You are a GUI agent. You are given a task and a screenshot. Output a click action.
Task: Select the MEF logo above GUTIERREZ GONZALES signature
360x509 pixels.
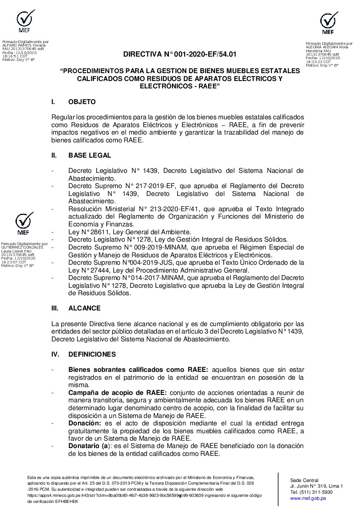pyautogui.click(x=25, y=224)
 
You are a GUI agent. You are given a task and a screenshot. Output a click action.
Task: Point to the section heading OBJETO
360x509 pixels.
pyautogui.click(x=82, y=102)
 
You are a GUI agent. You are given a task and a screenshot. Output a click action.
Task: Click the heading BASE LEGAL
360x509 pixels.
pyautogui.click(x=89, y=155)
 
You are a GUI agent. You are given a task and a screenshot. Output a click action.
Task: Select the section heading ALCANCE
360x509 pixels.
pyautogui.click(x=84, y=308)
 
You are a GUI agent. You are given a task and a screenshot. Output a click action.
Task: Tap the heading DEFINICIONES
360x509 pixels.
pyautogui.click(x=92, y=354)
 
